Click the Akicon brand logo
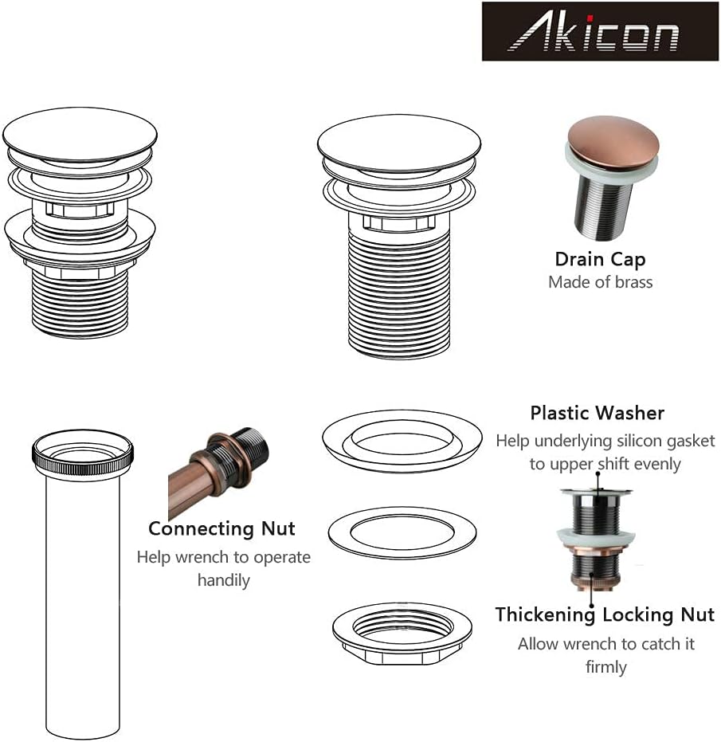click(600, 32)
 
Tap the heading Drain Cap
click(600, 259)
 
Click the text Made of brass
click(600, 282)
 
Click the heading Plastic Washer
click(597, 413)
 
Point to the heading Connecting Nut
click(221, 528)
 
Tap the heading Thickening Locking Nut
click(605, 614)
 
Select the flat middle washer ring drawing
click(402, 532)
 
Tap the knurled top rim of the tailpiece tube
click(82, 450)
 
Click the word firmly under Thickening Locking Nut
click(605, 666)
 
